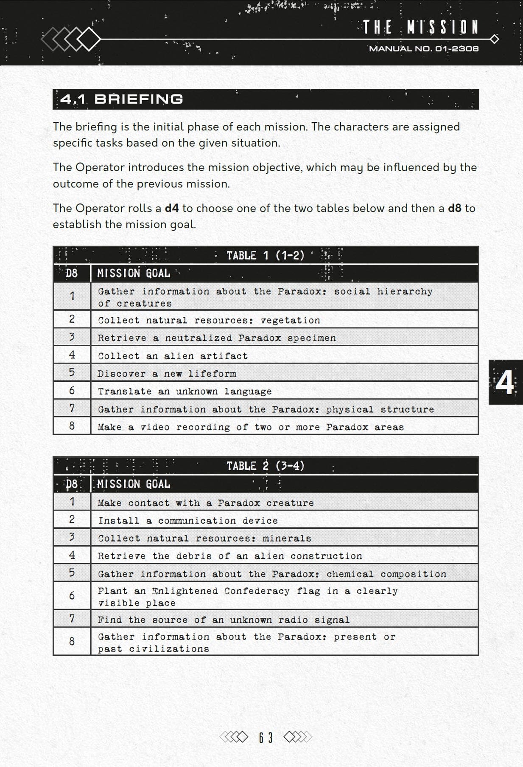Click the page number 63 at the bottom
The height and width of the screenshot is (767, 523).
coord(266,737)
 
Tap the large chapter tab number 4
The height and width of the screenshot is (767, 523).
coord(505,382)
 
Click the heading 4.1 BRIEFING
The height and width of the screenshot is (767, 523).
coord(122,99)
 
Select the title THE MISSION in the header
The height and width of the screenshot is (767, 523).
coord(421,28)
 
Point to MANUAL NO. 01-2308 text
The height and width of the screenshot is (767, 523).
coord(424,49)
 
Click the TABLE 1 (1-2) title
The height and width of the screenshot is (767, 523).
coord(266,255)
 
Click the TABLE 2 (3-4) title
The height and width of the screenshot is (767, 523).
coord(266,466)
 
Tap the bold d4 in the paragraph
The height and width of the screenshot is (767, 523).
coord(171,208)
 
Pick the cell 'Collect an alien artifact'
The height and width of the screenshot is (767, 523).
coord(173,356)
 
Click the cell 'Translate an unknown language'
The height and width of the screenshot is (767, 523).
coord(185,391)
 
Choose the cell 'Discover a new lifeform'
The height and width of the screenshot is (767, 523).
coord(167,374)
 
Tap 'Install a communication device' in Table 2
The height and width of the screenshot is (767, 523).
coord(188,521)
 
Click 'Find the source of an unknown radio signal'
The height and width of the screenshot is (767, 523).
coord(224,620)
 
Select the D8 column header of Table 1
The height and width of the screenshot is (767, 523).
coord(72,273)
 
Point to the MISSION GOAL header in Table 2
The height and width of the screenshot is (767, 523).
coord(134,484)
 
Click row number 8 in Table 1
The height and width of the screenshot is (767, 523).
coord(72,426)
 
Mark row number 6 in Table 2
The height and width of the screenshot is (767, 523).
coord(72,596)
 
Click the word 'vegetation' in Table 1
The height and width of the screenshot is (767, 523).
coord(291,320)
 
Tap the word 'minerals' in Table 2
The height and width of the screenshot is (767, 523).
coord(287,539)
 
